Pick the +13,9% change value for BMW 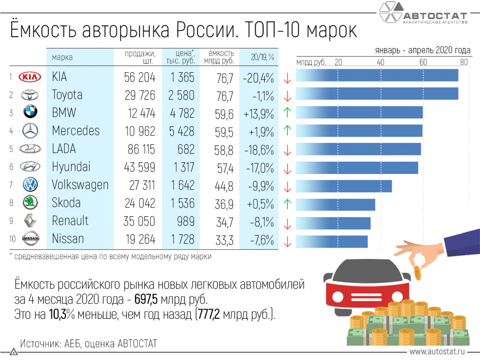258,113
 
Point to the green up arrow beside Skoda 286,204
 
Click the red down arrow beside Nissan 286,241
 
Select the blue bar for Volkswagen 344,186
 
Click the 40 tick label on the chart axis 380,62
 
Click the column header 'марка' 62,58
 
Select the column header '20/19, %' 262,58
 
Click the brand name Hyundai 71,167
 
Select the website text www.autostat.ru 437,352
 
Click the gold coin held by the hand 417,274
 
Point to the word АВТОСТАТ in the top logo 434,16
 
